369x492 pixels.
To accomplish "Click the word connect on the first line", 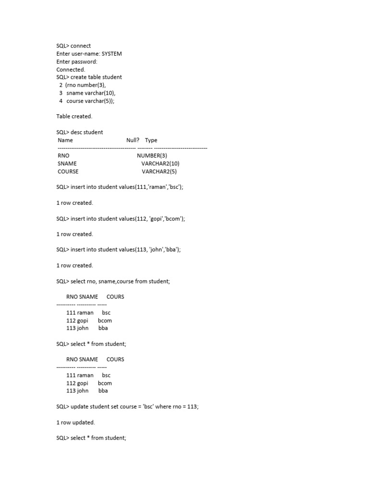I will tap(80, 46).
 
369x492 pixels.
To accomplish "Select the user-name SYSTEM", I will tap(111, 54).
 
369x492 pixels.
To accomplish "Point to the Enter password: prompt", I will tap(77, 61).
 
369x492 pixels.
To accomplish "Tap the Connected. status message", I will tap(71, 70).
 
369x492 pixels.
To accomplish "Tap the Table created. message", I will tap(74, 116).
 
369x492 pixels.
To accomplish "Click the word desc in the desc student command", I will tap(77, 132).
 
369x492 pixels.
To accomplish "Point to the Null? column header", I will tap(133, 140).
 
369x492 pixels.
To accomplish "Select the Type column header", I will tap(151, 140).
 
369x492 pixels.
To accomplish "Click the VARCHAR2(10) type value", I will tap(160, 163).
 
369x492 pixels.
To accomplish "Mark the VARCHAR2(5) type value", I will tap(159, 172).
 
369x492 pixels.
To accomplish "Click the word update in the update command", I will tap(80, 406).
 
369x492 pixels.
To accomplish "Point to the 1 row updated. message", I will tap(75, 422).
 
